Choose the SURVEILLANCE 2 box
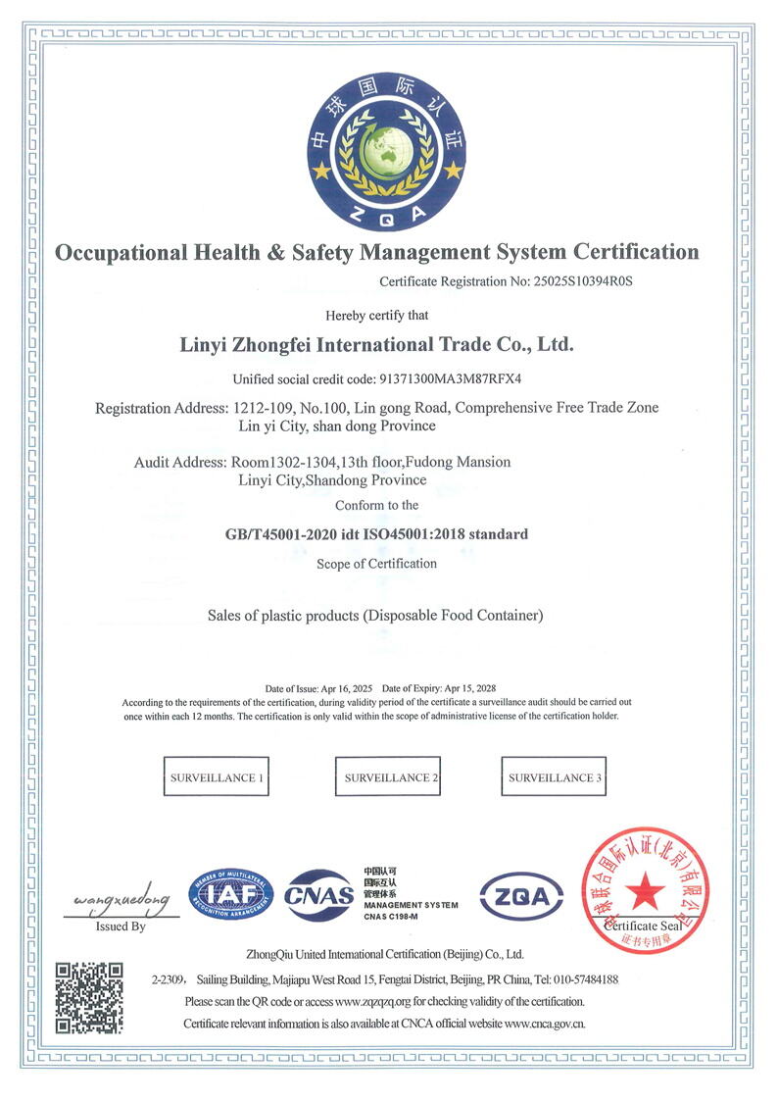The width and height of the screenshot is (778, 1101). (389, 777)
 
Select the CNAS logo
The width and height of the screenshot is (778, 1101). (318, 895)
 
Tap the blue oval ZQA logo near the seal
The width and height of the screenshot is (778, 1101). (520, 896)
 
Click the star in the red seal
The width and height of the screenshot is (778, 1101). (646, 888)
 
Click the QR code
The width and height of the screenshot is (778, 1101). (89, 998)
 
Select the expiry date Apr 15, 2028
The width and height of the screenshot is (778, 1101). (467, 688)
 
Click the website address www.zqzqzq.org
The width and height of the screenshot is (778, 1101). (377, 1001)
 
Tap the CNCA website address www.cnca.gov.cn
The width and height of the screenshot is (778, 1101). (545, 1024)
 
